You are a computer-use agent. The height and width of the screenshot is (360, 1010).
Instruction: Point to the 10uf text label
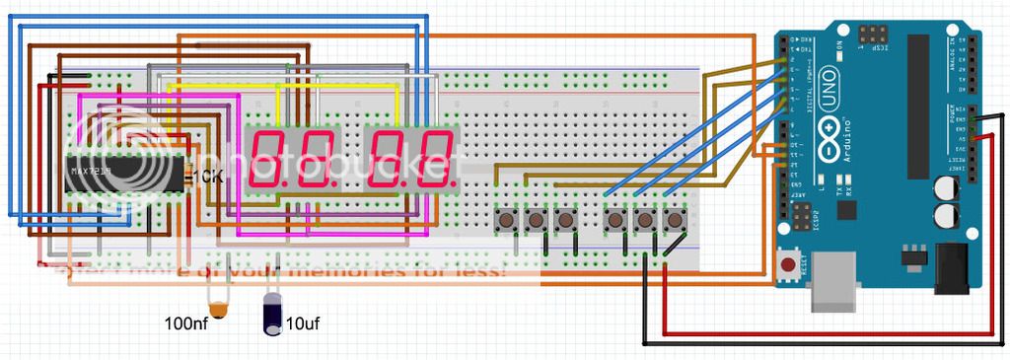coord(302,323)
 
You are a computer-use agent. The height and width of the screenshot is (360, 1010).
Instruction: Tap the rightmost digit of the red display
coord(436,158)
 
